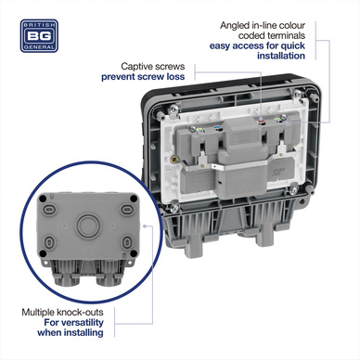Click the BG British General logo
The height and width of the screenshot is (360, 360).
point(39,36)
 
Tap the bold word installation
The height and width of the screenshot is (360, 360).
point(281,56)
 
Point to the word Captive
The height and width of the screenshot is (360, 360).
point(135,67)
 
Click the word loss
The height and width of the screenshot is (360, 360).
point(175,77)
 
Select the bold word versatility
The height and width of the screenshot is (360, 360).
point(83,323)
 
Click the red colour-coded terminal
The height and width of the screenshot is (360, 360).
point(262,121)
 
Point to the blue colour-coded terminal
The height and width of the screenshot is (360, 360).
point(217,127)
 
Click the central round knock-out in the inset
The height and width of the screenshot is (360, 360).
point(88,225)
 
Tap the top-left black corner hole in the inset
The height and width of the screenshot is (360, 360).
point(44,199)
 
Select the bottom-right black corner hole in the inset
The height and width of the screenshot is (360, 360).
point(134,253)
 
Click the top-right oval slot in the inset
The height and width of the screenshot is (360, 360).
point(127,210)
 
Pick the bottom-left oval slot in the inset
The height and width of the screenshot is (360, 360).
point(49,242)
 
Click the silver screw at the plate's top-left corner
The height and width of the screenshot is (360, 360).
point(174,109)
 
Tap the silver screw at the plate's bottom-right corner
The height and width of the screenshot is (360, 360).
point(294,188)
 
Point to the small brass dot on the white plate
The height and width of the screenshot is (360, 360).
point(175,160)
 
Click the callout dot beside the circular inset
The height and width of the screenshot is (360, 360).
point(145,226)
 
